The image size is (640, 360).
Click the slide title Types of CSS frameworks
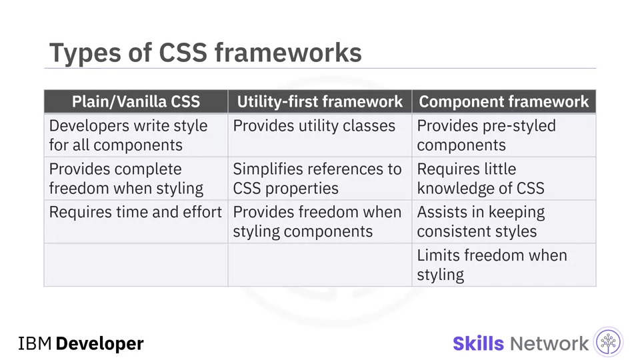point(205,53)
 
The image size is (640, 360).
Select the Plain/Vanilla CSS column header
point(136,101)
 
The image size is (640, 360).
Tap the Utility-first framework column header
point(319,101)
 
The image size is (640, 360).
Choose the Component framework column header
point(504,101)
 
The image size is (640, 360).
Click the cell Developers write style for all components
point(136,135)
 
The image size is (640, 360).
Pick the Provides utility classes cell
point(319,135)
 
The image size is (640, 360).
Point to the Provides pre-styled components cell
point(504,135)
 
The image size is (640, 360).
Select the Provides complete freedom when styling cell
point(136,179)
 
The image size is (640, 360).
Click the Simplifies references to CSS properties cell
point(319,179)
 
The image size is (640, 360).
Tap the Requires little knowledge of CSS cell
point(504,179)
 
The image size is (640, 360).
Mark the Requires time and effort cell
point(136,221)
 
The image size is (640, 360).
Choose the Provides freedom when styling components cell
point(319,221)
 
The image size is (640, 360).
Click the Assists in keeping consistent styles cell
point(504,221)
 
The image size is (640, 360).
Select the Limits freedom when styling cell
point(504,265)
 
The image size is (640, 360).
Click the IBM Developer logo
point(81,344)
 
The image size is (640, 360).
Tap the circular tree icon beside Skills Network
point(608,342)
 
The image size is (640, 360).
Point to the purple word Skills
point(479,344)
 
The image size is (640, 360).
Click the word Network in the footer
point(549,344)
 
